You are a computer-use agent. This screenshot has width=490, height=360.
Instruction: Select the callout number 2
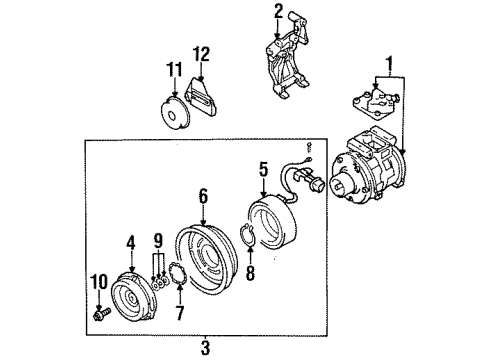click(x=279, y=11)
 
